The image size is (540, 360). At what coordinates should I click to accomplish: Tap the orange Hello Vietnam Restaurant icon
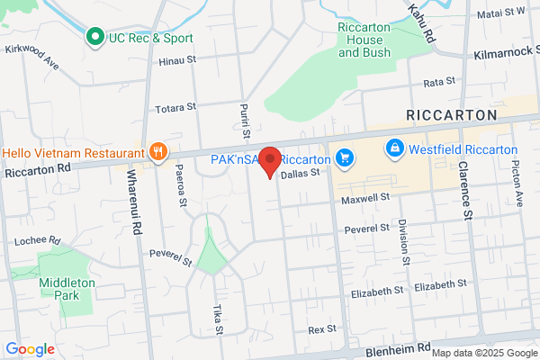coord(158,151)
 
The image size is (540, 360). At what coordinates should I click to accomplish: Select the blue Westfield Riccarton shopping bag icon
coord(393,148)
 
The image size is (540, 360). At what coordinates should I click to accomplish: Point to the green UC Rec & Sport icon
coord(94,37)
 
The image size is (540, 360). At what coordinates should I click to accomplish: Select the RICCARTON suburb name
coord(451,115)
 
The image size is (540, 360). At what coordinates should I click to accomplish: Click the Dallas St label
coord(300,176)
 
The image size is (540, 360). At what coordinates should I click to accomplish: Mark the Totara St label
coord(175,107)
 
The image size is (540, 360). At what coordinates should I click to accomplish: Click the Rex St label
coord(321,329)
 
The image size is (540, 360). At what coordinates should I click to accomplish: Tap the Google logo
coord(30,349)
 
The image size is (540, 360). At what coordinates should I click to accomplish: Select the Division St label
coord(402,242)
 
